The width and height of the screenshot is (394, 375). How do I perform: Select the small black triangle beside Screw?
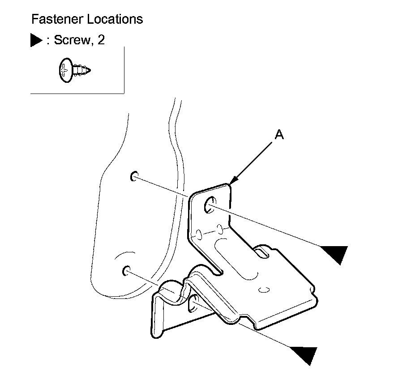tap(36, 41)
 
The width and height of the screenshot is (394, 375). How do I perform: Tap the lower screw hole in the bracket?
tap(194, 304)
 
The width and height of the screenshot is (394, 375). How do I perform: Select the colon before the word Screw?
tap(48, 41)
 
